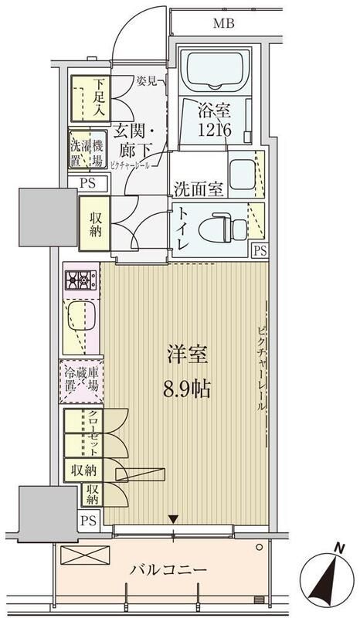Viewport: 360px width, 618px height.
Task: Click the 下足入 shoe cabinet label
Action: coord(99,97)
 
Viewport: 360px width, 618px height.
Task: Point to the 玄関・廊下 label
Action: coord(137,141)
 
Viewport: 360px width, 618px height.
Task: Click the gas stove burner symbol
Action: coord(80,280)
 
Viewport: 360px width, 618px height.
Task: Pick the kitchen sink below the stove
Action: coord(80,317)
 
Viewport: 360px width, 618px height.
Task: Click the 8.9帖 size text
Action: coord(186,386)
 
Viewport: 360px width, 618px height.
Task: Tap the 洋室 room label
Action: coord(185,356)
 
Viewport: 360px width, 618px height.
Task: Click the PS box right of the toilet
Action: coord(260,250)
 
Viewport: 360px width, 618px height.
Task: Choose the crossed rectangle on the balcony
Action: coord(81,556)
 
